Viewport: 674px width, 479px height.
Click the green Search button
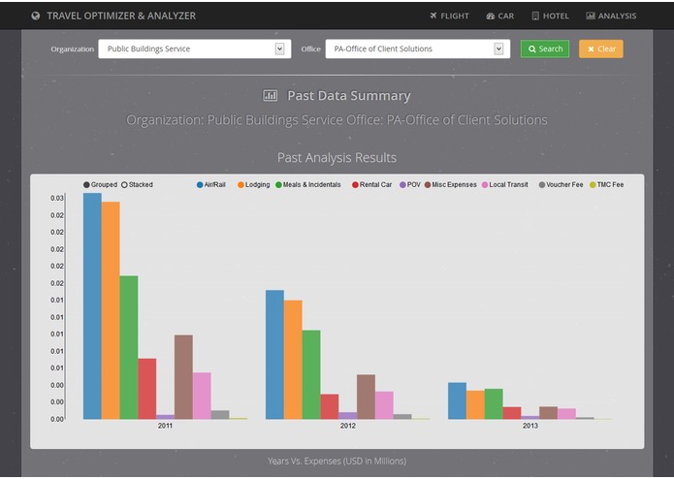point(545,48)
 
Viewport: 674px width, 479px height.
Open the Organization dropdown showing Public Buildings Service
point(193,48)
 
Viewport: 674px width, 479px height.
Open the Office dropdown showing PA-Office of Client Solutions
point(417,48)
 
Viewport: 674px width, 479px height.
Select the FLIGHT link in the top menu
point(449,16)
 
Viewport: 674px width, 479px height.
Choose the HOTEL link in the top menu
point(550,16)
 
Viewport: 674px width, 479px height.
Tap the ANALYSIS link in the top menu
point(611,16)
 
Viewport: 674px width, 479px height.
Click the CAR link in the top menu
point(500,16)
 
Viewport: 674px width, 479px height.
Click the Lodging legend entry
point(252,184)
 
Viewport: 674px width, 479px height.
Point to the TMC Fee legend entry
point(605,184)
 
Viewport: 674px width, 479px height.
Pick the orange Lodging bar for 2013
point(475,404)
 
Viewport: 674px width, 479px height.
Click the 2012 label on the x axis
point(348,426)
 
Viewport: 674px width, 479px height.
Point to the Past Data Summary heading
point(337,96)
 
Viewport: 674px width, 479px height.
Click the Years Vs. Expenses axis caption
point(337,461)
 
